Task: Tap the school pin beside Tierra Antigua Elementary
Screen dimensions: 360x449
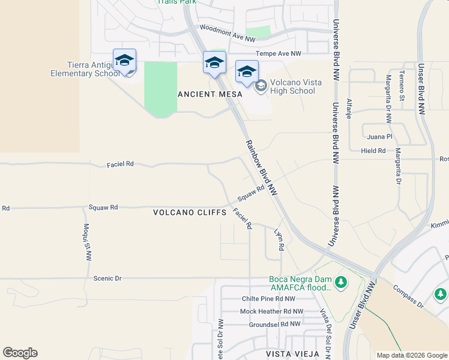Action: pos(124,61)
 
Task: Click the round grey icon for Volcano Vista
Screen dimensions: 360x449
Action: pos(261,86)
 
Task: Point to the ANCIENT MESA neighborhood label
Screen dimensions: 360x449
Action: pos(210,94)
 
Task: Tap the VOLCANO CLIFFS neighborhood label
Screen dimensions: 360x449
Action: pos(189,212)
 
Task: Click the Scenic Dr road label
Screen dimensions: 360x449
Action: pos(107,278)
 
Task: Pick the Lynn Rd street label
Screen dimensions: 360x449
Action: pos(278,238)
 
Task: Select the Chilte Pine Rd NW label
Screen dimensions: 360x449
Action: pos(268,298)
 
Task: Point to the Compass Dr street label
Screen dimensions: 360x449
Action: pos(408,296)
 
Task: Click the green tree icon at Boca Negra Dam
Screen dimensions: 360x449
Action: pos(341,281)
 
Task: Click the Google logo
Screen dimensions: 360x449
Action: pos(20,353)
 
